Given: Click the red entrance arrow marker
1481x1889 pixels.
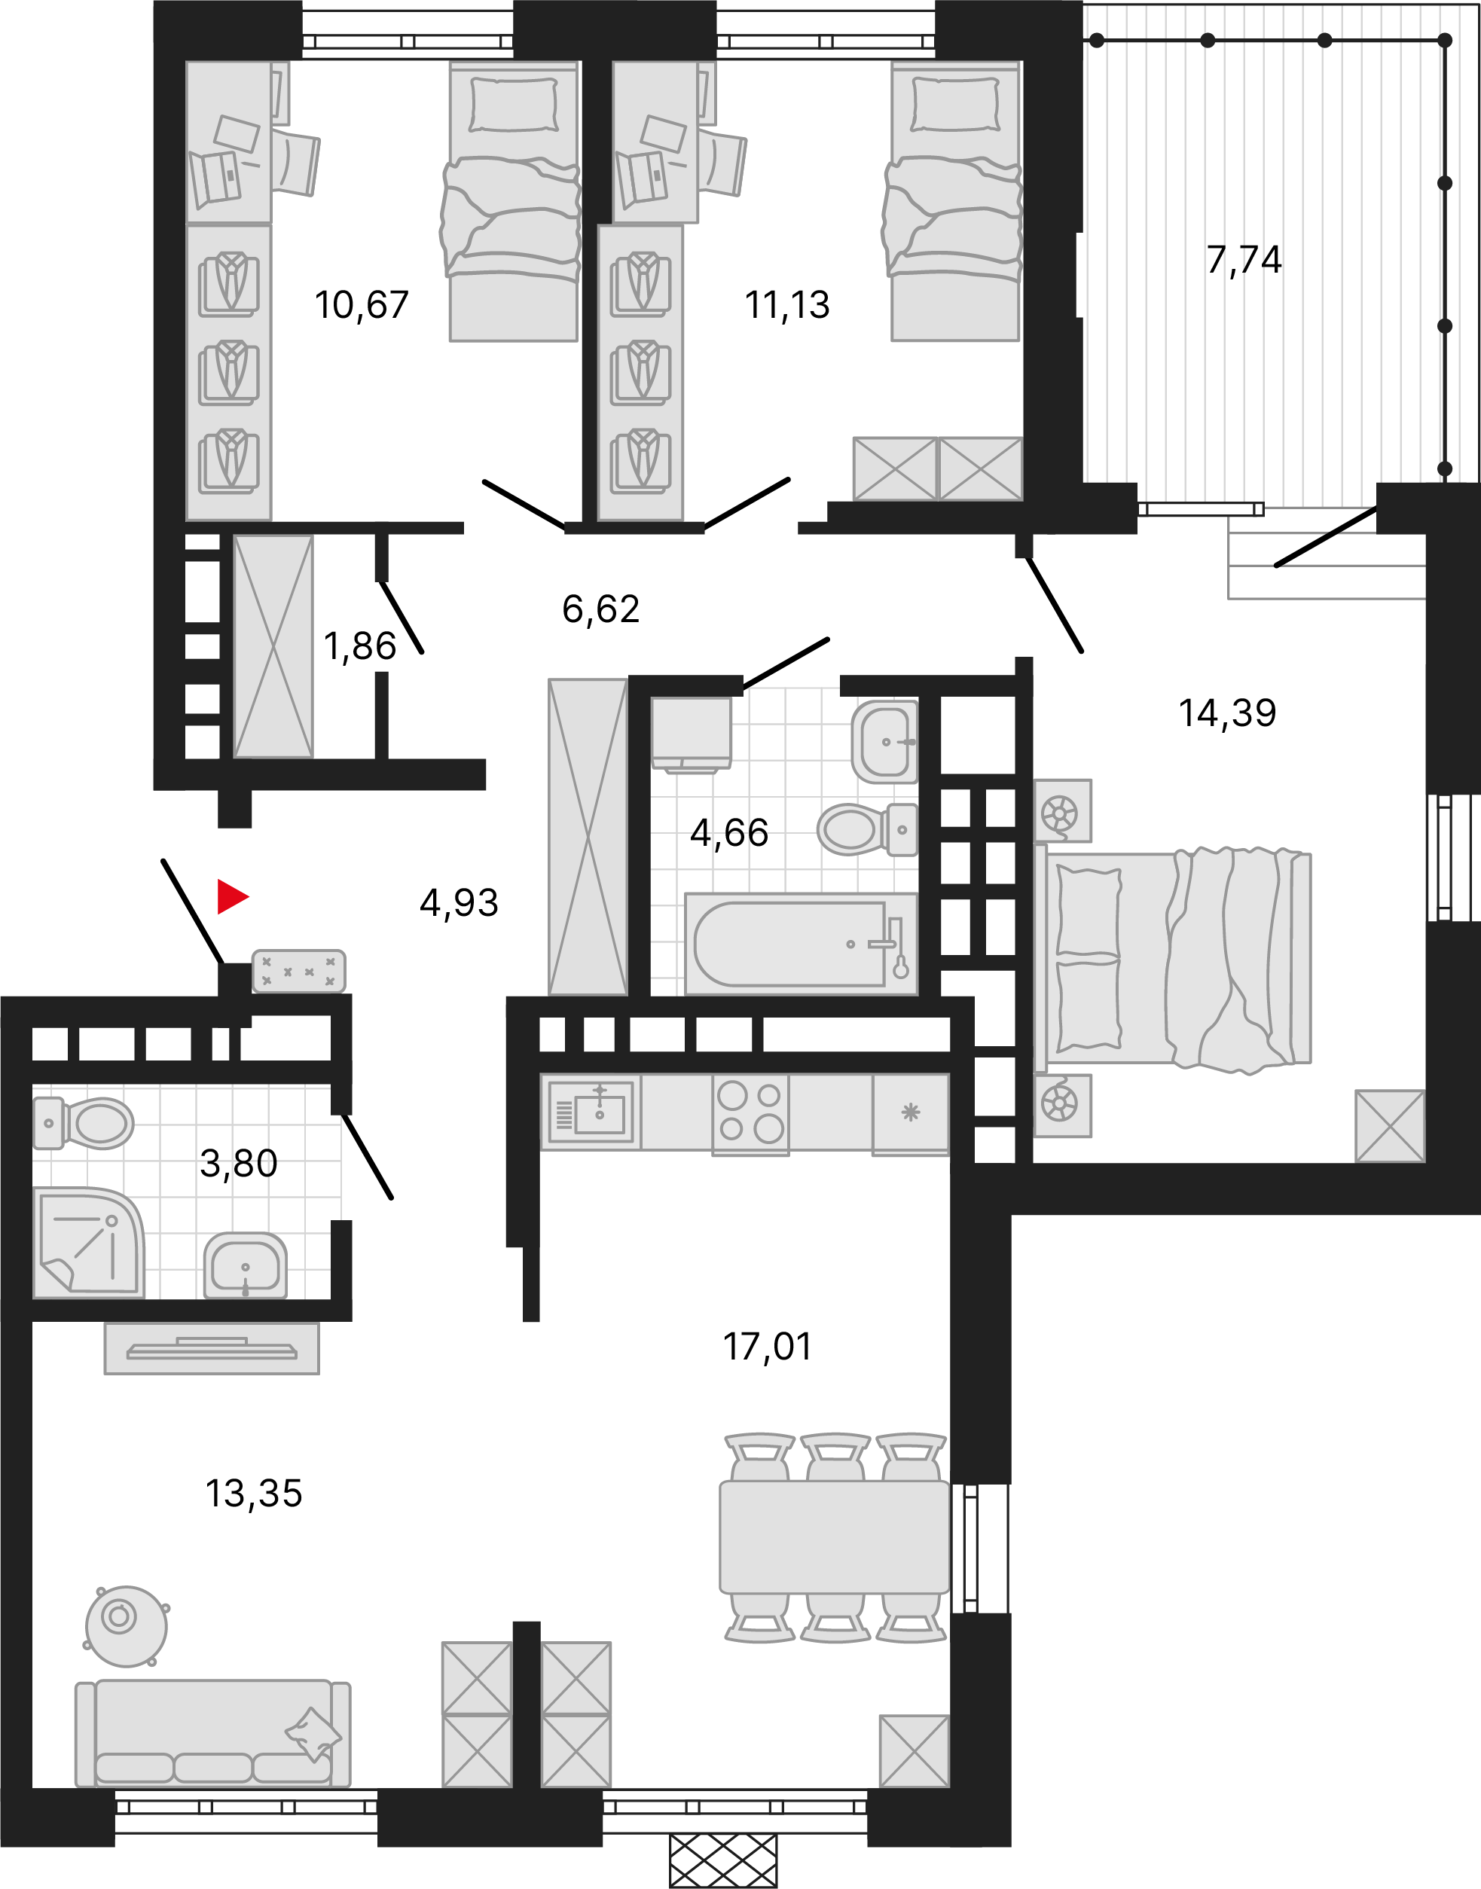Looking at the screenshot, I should pos(231,896).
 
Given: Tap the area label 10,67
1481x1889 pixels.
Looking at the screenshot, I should pos(361,305).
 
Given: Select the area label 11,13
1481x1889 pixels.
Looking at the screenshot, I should pos(786,305).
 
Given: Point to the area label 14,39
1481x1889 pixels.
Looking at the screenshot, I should pos(1226,713).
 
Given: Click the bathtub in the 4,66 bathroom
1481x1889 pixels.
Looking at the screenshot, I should pos(799,944).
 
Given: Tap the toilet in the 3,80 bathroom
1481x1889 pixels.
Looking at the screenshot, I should pos(87,1124).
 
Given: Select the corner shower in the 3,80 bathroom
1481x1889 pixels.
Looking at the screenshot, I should pos(87,1242).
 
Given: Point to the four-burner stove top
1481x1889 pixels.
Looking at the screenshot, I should pos(750,1112).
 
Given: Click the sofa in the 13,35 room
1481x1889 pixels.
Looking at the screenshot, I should pos(212,1733).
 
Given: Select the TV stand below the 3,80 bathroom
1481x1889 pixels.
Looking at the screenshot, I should pos(212,1348).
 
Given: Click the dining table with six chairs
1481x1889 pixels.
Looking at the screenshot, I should pos(834,1537).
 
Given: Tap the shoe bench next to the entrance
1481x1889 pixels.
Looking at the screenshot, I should pos(298,971).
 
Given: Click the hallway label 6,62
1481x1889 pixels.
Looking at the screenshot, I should pos(600,609).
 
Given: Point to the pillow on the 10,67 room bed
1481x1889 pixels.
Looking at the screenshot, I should pos(513,104).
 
